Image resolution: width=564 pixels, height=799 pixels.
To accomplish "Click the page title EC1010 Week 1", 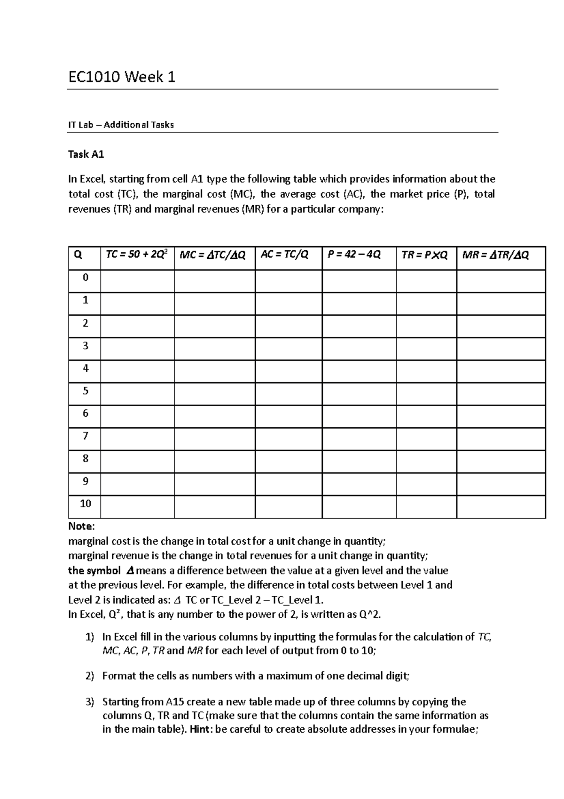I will click(122, 77).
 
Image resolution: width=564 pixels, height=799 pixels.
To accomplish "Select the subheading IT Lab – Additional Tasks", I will click(121, 125).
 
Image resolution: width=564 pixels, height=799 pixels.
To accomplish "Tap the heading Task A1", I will click(86, 154).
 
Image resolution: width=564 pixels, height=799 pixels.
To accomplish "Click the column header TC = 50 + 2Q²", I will click(137, 255).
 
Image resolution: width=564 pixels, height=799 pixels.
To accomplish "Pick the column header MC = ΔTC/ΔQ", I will click(213, 255).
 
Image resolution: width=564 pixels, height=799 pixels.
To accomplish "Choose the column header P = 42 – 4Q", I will click(354, 255).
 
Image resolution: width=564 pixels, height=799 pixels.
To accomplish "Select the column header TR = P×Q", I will click(424, 255).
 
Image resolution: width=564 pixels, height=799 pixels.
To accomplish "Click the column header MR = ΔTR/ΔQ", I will click(495, 255).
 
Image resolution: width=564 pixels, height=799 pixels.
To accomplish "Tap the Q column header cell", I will click(78, 256).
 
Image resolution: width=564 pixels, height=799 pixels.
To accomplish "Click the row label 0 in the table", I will click(85, 278).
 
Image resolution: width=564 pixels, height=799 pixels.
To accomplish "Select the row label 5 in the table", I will click(85, 391).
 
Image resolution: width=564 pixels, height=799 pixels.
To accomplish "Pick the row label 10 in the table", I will click(85, 503).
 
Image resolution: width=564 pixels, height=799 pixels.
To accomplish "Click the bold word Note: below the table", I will click(81, 526).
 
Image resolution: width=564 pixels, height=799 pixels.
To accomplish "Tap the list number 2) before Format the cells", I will click(90, 676).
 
